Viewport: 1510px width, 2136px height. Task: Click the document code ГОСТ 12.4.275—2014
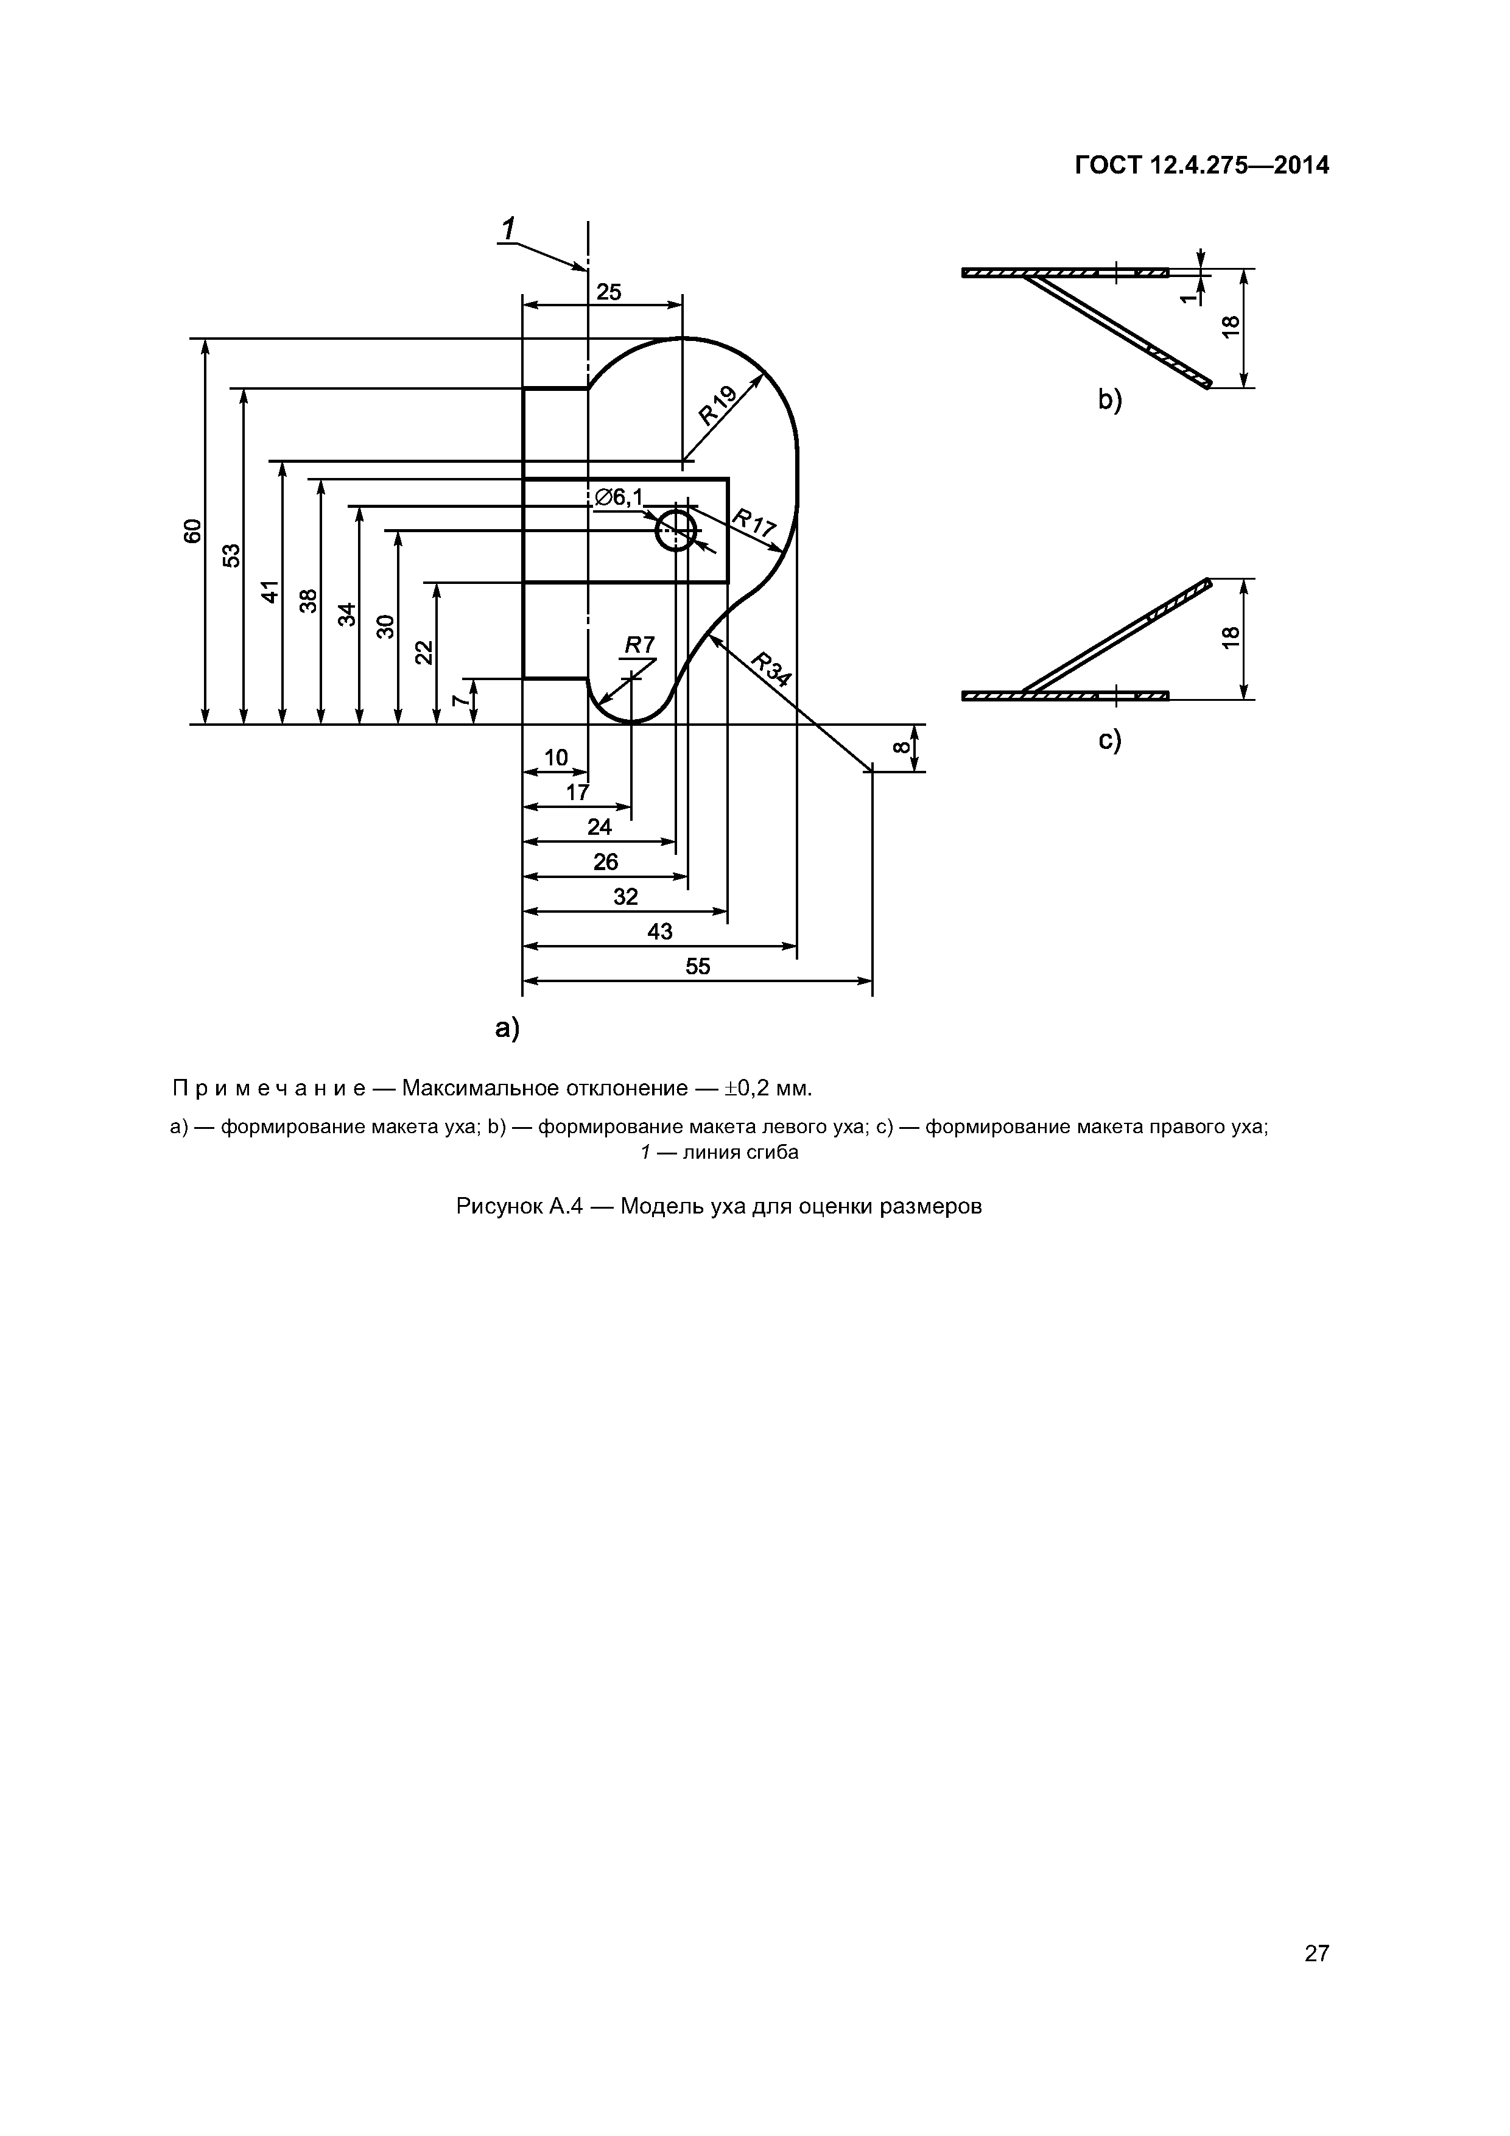pos(1201,166)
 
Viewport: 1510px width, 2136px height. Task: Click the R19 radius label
pos(719,405)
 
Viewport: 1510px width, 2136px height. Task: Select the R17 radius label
pos(754,524)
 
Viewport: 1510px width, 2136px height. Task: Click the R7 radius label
pos(639,645)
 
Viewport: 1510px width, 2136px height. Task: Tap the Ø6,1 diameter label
pos(619,497)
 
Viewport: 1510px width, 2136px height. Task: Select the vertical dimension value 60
pos(192,531)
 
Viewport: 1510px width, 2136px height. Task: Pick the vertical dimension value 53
pos(231,555)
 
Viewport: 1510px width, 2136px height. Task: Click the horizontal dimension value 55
pos(698,966)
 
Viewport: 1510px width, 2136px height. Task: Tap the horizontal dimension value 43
pos(659,931)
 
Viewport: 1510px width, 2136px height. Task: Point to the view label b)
pos(1110,400)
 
